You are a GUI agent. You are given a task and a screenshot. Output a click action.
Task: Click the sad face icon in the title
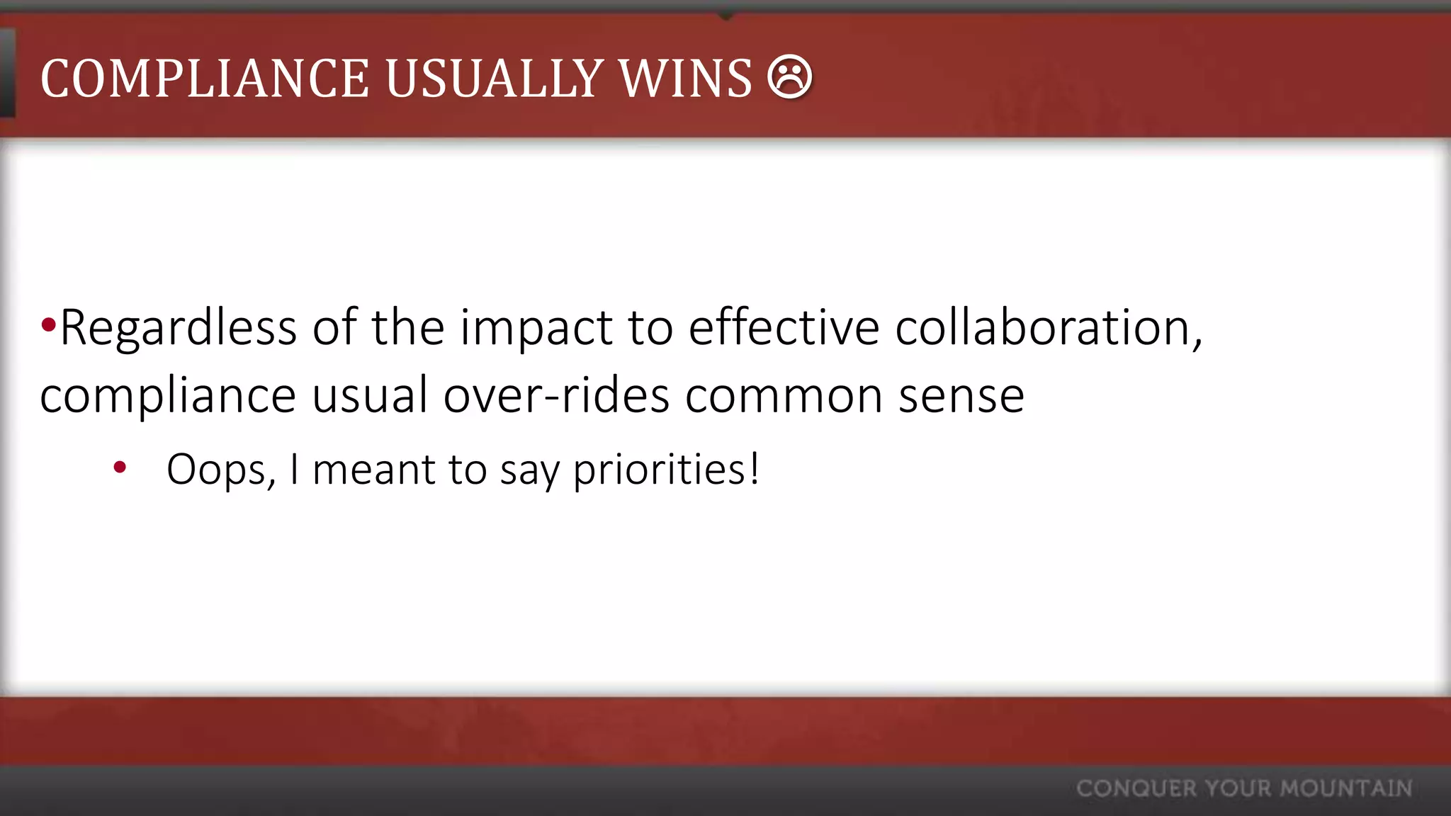point(789,76)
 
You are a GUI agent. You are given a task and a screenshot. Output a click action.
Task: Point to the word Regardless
point(178,329)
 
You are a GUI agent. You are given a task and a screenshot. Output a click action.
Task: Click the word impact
point(536,329)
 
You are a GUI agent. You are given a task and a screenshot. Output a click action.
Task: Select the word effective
point(784,329)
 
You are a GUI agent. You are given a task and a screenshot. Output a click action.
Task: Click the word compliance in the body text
point(168,397)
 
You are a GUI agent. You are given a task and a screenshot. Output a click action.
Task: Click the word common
point(784,397)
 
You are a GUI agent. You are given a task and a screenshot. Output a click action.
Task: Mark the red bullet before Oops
point(120,467)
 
